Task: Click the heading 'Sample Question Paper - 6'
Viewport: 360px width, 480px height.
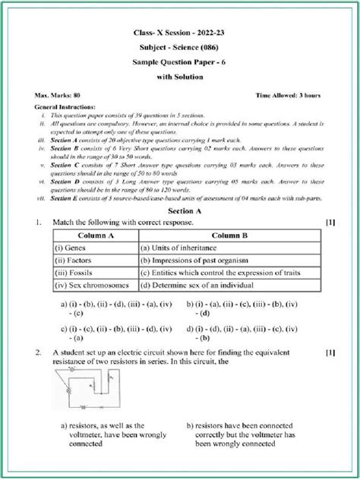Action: pyautogui.click(x=180, y=61)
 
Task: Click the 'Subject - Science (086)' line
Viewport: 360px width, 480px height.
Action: pyautogui.click(x=180, y=44)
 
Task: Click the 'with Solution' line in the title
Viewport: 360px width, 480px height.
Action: pyautogui.click(x=180, y=77)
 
